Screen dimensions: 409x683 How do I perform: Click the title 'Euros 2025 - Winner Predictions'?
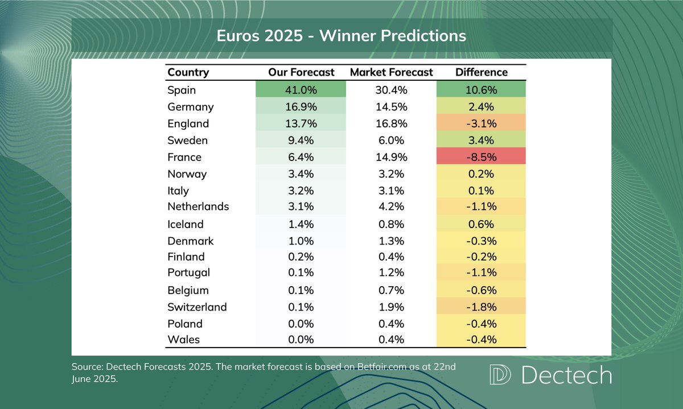pyautogui.click(x=341, y=36)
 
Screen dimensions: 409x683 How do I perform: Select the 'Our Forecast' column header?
pyautogui.click(x=301, y=72)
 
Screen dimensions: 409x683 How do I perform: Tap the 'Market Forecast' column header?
pyautogui.click(x=391, y=72)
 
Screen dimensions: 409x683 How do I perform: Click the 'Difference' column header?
pyautogui.click(x=481, y=72)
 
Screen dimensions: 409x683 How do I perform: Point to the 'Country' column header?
pyautogui.click(x=188, y=72)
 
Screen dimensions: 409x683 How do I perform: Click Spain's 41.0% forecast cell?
pyautogui.click(x=301, y=89)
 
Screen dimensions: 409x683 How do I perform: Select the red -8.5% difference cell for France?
pyautogui.click(x=481, y=156)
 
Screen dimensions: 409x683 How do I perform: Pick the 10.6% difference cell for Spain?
pyautogui.click(x=481, y=89)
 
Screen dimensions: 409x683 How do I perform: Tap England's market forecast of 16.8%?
pyautogui.click(x=391, y=123)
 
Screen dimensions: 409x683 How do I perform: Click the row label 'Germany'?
pyautogui.click(x=191, y=107)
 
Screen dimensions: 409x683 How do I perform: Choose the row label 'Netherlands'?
pyautogui.click(x=198, y=206)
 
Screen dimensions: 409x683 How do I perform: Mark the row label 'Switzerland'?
pyautogui.click(x=197, y=307)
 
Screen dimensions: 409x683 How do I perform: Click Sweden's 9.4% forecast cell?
pyautogui.click(x=301, y=140)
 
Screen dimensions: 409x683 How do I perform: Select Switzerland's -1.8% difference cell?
pyautogui.click(x=481, y=307)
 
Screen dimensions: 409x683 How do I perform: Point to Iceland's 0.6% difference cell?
pyautogui.click(x=481, y=224)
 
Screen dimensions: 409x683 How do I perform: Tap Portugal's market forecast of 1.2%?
pyautogui.click(x=391, y=272)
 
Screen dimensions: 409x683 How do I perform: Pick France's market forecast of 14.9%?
pyautogui.click(x=391, y=156)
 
